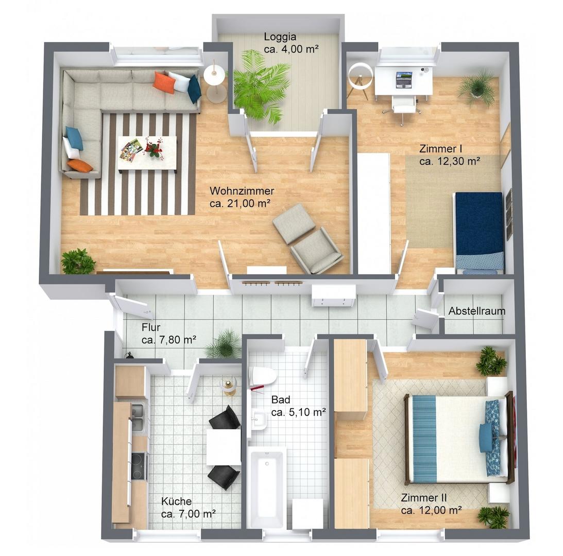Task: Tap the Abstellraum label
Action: [x=477, y=311]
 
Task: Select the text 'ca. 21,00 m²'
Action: [x=240, y=203]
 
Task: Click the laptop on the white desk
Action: [x=404, y=80]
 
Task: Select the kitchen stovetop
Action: [x=139, y=466]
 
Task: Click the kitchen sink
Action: [x=138, y=416]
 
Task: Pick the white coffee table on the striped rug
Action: [x=147, y=152]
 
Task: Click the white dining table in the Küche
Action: [x=224, y=447]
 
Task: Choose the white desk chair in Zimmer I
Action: [x=403, y=107]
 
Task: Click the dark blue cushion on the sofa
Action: [x=194, y=89]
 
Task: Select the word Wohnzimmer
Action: [x=242, y=190]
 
